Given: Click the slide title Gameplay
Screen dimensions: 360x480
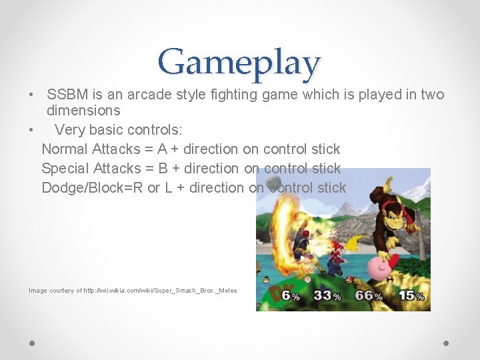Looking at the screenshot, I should (x=239, y=62).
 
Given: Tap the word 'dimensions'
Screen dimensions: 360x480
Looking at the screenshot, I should (x=83, y=111).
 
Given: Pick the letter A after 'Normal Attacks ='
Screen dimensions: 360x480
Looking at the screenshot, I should (x=162, y=149).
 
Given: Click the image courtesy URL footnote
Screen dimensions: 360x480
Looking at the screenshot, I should (x=133, y=291).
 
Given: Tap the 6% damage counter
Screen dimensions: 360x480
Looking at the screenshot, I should (x=290, y=295).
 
